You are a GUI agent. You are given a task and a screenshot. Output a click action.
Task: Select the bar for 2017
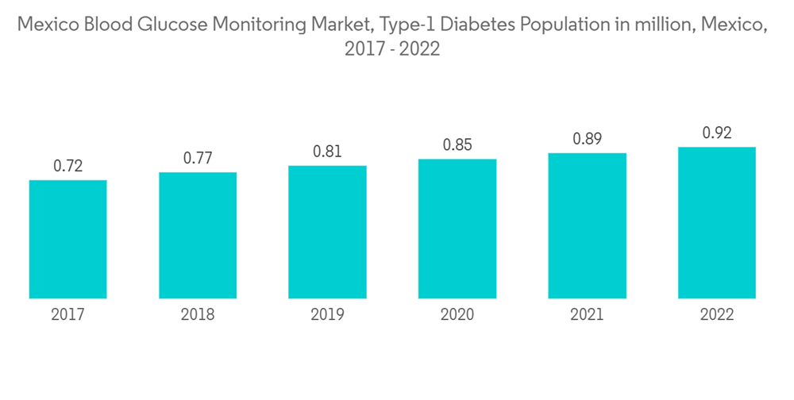67,239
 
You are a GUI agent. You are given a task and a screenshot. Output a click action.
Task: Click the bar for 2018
198,235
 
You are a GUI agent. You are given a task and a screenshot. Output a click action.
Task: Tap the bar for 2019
327,232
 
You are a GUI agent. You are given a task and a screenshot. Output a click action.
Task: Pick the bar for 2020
457,229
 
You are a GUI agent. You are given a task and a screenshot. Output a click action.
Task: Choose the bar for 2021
587,225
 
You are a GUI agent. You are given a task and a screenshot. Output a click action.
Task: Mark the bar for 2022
717,222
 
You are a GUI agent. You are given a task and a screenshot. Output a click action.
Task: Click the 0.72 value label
67,167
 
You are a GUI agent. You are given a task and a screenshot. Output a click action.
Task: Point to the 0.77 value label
198,159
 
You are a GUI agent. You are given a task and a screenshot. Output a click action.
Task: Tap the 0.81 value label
327,152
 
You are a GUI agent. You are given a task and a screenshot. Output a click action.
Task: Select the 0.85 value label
457,145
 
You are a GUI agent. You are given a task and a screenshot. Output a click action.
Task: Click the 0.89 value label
587,139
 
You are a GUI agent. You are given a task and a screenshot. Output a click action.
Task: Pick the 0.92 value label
717,133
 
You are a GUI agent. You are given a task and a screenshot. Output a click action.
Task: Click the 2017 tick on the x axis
67,315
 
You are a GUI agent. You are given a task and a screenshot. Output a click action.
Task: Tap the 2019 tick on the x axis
327,315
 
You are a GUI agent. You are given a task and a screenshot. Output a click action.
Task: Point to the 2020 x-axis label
457,315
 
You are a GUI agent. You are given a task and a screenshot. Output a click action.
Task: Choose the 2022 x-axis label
717,315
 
